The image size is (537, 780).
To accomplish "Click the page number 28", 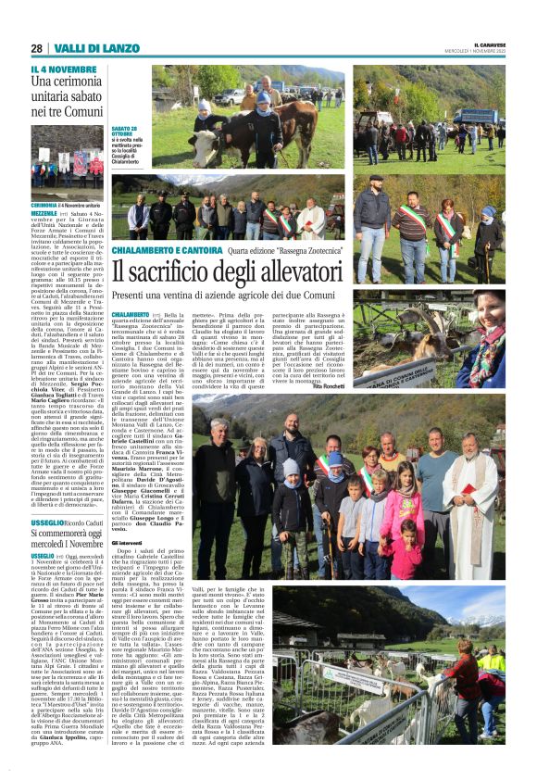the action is click(x=36, y=48).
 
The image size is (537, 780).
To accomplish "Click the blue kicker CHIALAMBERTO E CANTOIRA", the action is click(x=166, y=250).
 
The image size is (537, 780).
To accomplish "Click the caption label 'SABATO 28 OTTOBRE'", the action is click(x=127, y=132).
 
